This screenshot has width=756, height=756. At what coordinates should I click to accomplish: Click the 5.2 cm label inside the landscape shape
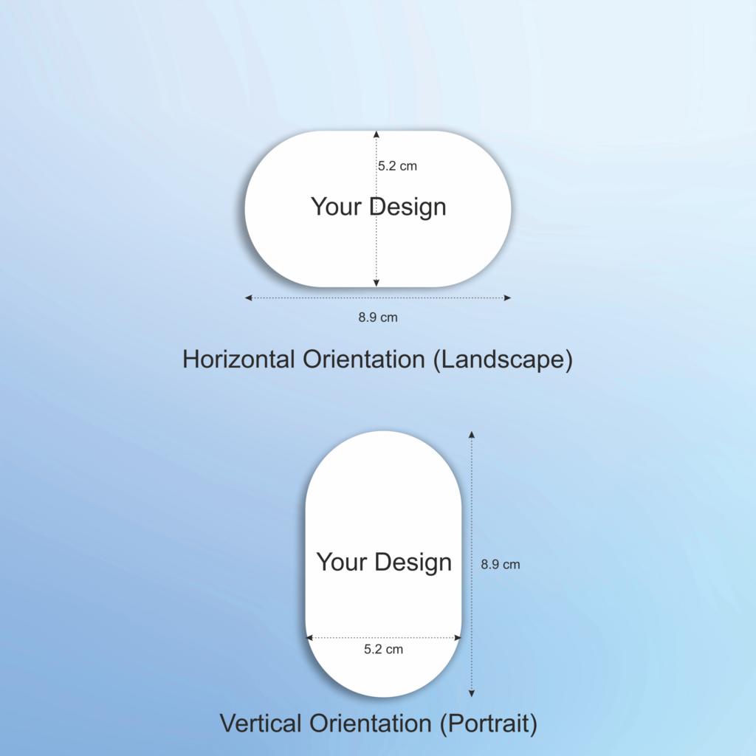tap(397, 166)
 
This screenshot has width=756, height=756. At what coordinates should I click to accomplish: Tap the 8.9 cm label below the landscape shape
tap(378, 317)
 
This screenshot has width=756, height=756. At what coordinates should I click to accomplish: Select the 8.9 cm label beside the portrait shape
tap(501, 564)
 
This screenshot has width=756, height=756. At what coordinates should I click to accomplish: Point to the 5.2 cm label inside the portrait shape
tap(383, 649)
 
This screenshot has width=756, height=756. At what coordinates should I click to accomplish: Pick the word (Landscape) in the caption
tap(503, 360)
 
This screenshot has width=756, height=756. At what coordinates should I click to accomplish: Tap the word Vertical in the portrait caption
tap(261, 724)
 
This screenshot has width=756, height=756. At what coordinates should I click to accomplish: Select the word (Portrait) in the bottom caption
tap(489, 724)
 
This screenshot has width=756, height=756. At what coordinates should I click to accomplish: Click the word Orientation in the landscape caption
tap(364, 360)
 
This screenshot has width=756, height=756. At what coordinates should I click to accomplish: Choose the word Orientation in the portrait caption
tap(371, 724)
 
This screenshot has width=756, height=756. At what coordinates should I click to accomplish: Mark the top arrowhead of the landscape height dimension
tap(376, 134)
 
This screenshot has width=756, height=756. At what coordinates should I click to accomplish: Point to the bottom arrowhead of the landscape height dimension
tap(376, 283)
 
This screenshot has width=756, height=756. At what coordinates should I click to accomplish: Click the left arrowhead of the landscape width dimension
tap(248, 298)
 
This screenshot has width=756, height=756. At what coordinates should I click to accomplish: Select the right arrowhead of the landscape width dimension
tap(508, 298)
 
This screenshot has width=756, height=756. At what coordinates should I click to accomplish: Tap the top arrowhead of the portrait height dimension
tap(472, 435)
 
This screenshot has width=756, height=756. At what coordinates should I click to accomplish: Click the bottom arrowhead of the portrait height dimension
tap(472, 693)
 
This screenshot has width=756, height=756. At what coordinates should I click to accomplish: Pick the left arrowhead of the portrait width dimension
tap(309, 638)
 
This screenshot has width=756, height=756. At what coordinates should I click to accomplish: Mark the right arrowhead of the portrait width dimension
tap(458, 638)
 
